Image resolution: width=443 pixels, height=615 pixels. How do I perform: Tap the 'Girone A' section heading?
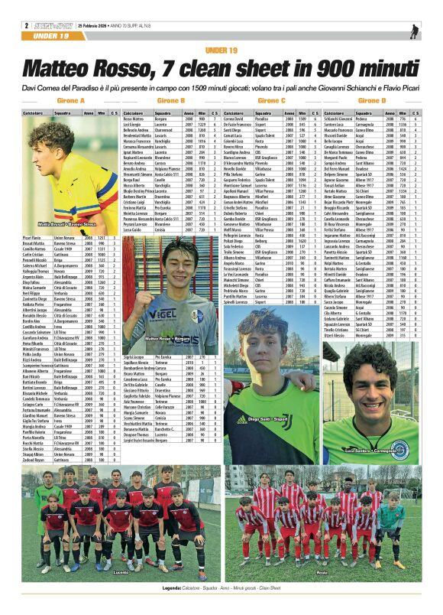click(71, 100)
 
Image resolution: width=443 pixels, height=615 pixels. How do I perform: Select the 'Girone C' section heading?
click(271, 100)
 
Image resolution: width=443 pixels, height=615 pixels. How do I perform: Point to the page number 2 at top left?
click(26, 26)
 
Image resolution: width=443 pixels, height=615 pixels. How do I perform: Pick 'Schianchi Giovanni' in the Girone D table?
click(338, 119)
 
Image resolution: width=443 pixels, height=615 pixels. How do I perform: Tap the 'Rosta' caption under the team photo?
click(322, 571)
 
